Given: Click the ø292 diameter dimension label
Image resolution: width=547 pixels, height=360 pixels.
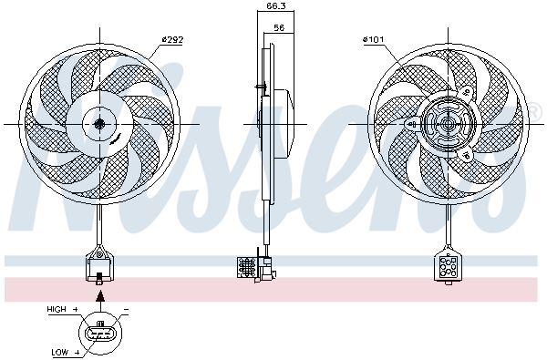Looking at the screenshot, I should click(173, 39).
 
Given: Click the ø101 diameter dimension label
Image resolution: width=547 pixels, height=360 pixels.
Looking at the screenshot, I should click(374, 39).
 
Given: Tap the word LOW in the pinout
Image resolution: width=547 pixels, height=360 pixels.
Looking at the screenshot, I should click(60, 351).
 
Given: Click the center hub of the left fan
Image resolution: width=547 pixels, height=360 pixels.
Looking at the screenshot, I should click(99, 123).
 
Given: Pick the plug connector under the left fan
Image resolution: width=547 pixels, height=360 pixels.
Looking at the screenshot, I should click(98, 265).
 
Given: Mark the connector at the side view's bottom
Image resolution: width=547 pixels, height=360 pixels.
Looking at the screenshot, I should click(255, 266).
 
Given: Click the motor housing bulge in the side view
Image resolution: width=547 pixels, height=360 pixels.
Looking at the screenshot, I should click(284, 123).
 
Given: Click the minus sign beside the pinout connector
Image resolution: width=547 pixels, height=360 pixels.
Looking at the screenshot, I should click(124, 310).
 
